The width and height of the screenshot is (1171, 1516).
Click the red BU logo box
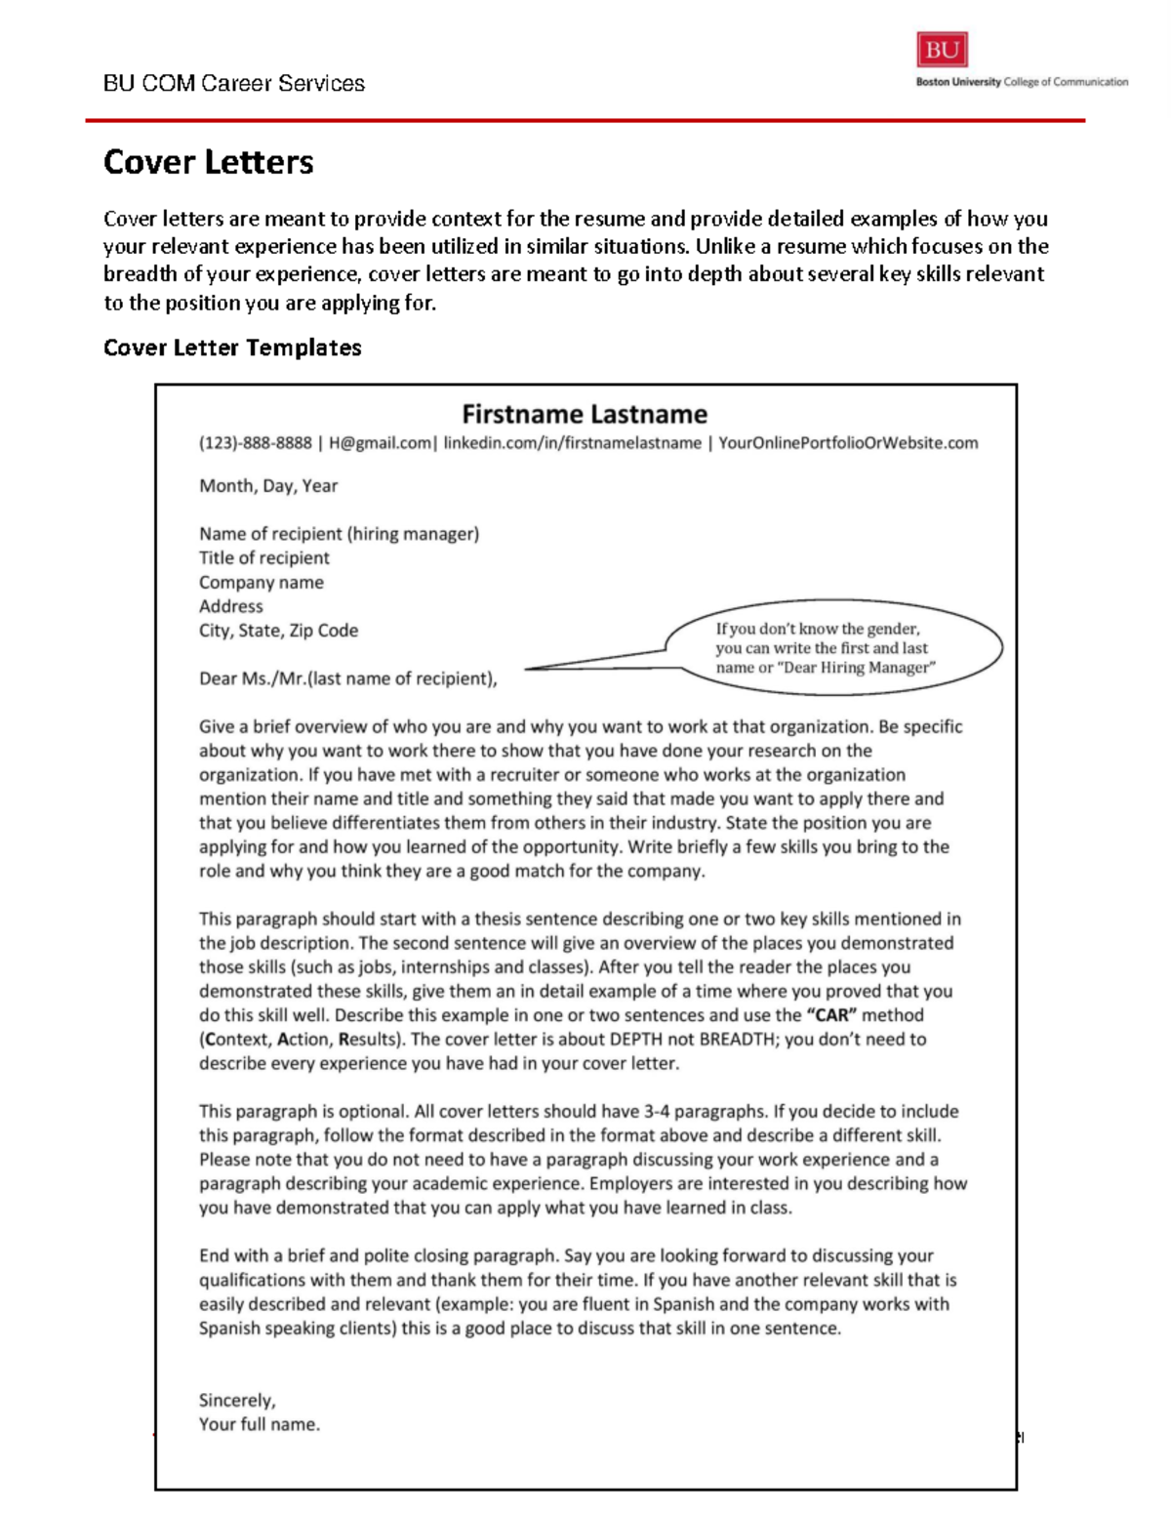pyautogui.click(x=942, y=50)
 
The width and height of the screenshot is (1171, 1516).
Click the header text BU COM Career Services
pyautogui.click(x=234, y=84)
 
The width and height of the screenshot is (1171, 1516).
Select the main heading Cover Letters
pyautogui.click(x=209, y=162)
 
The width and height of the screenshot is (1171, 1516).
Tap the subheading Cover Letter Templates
pyautogui.click(x=232, y=348)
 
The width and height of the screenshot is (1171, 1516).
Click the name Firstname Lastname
pyautogui.click(x=585, y=414)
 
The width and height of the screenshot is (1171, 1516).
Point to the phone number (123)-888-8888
pyautogui.click(x=256, y=443)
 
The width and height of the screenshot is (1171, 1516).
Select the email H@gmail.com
pyautogui.click(x=380, y=443)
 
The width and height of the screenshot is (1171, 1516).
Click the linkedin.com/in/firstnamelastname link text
pyautogui.click(x=572, y=443)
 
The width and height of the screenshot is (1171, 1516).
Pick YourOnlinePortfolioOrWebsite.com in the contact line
pyautogui.click(x=848, y=443)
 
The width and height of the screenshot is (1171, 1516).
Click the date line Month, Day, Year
pyautogui.click(x=268, y=486)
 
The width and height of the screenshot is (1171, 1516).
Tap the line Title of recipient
pyautogui.click(x=264, y=558)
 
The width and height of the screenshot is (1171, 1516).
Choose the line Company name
pyautogui.click(x=262, y=583)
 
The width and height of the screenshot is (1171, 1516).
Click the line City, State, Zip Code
pyautogui.click(x=279, y=631)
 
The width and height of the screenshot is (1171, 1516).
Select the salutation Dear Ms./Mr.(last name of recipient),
pyautogui.click(x=348, y=678)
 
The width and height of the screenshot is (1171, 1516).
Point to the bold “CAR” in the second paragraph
pyautogui.click(x=831, y=1015)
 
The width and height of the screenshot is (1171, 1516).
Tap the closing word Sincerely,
pyautogui.click(x=237, y=1401)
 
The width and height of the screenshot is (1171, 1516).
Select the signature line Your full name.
pyautogui.click(x=260, y=1424)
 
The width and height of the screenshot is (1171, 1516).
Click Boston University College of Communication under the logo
pyautogui.click(x=1022, y=83)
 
